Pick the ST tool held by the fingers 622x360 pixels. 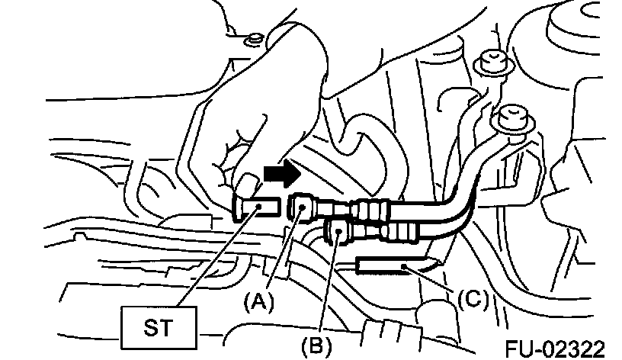click(255, 207)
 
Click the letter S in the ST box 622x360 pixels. click(149, 326)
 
